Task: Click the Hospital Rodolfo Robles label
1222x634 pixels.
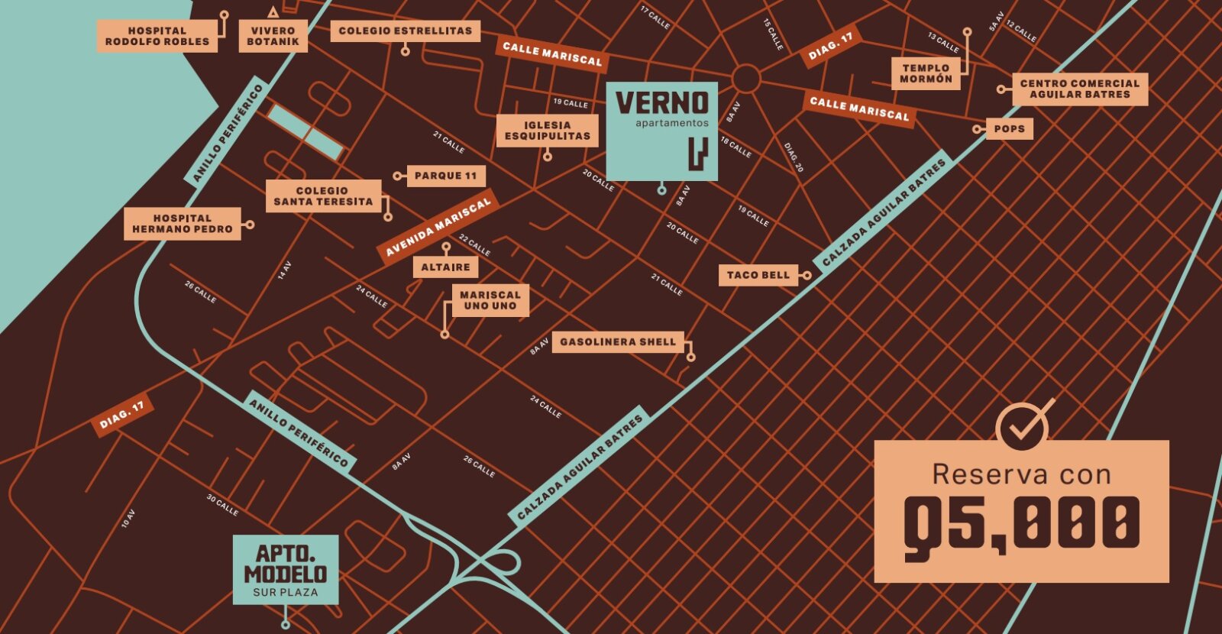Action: [x=157, y=36]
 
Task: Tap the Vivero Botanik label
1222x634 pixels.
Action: [x=273, y=36]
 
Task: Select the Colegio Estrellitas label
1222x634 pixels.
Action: [x=405, y=31]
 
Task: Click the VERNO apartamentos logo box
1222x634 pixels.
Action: [x=661, y=131]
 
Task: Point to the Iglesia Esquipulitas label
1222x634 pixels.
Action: [x=547, y=131]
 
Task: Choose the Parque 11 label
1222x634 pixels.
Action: [x=445, y=176]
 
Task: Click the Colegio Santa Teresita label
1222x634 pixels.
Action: [x=322, y=196]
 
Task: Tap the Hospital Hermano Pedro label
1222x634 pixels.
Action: [x=182, y=224]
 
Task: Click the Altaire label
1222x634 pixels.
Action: [x=445, y=267]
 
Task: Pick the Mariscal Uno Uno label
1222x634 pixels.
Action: [x=490, y=300]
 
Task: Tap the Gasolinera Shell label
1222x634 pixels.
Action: [x=618, y=341]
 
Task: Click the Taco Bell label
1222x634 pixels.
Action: [x=758, y=275]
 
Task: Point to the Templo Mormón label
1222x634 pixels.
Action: [x=926, y=73]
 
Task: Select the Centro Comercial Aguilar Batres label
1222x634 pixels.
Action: [x=1079, y=89]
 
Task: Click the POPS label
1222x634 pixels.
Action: [x=1009, y=129]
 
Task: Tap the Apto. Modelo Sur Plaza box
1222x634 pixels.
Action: [x=286, y=570]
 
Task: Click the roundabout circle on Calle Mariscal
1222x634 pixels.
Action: [x=745, y=79]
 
